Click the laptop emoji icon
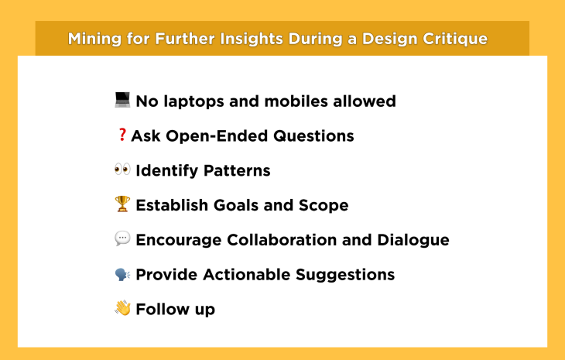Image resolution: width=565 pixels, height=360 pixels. tap(122, 100)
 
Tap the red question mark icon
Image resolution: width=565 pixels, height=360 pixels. tap(122, 135)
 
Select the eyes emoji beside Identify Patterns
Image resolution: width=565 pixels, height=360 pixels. tap(122, 170)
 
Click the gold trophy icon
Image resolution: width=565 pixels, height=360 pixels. tap(122, 204)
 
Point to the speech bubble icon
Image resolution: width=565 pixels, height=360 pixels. tap(122, 238)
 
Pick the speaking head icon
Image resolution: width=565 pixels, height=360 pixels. tap(122, 274)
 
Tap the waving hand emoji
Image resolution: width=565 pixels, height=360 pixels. tap(122, 308)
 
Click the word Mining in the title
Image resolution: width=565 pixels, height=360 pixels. tap(94, 39)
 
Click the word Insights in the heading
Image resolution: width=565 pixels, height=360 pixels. tap(252, 39)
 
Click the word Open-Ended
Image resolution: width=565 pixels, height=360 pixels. tap(217, 136)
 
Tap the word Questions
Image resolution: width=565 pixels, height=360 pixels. tap(313, 136)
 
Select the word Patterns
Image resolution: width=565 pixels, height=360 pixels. tap(237, 171)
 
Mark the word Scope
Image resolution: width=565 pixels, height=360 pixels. tap(324, 206)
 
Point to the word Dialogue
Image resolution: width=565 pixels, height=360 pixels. tap(413, 240)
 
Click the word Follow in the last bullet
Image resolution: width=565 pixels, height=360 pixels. tap(163, 309)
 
